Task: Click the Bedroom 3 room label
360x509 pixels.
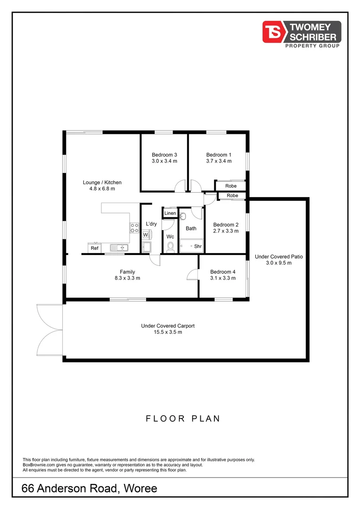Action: point(164,155)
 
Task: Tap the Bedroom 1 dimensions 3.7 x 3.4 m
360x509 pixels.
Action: point(219,161)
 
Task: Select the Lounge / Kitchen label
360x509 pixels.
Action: point(102,182)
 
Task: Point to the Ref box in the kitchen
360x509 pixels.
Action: point(95,248)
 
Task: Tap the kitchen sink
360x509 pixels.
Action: point(119,247)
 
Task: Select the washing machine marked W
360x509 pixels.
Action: point(146,234)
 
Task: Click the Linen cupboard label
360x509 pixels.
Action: point(170,213)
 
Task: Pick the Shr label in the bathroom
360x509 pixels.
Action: point(198,246)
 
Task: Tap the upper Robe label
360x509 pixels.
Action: point(231,186)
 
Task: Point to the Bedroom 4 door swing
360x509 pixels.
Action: point(193,273)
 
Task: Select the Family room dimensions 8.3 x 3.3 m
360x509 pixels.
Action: point(127,278)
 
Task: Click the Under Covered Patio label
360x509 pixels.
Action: point(278,257)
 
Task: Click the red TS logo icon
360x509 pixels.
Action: point(272,32)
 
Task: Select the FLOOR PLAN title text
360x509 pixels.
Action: point(182,419)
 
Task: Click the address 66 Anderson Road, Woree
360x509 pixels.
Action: point(90,489)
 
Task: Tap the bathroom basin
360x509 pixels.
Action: point(184,216)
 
